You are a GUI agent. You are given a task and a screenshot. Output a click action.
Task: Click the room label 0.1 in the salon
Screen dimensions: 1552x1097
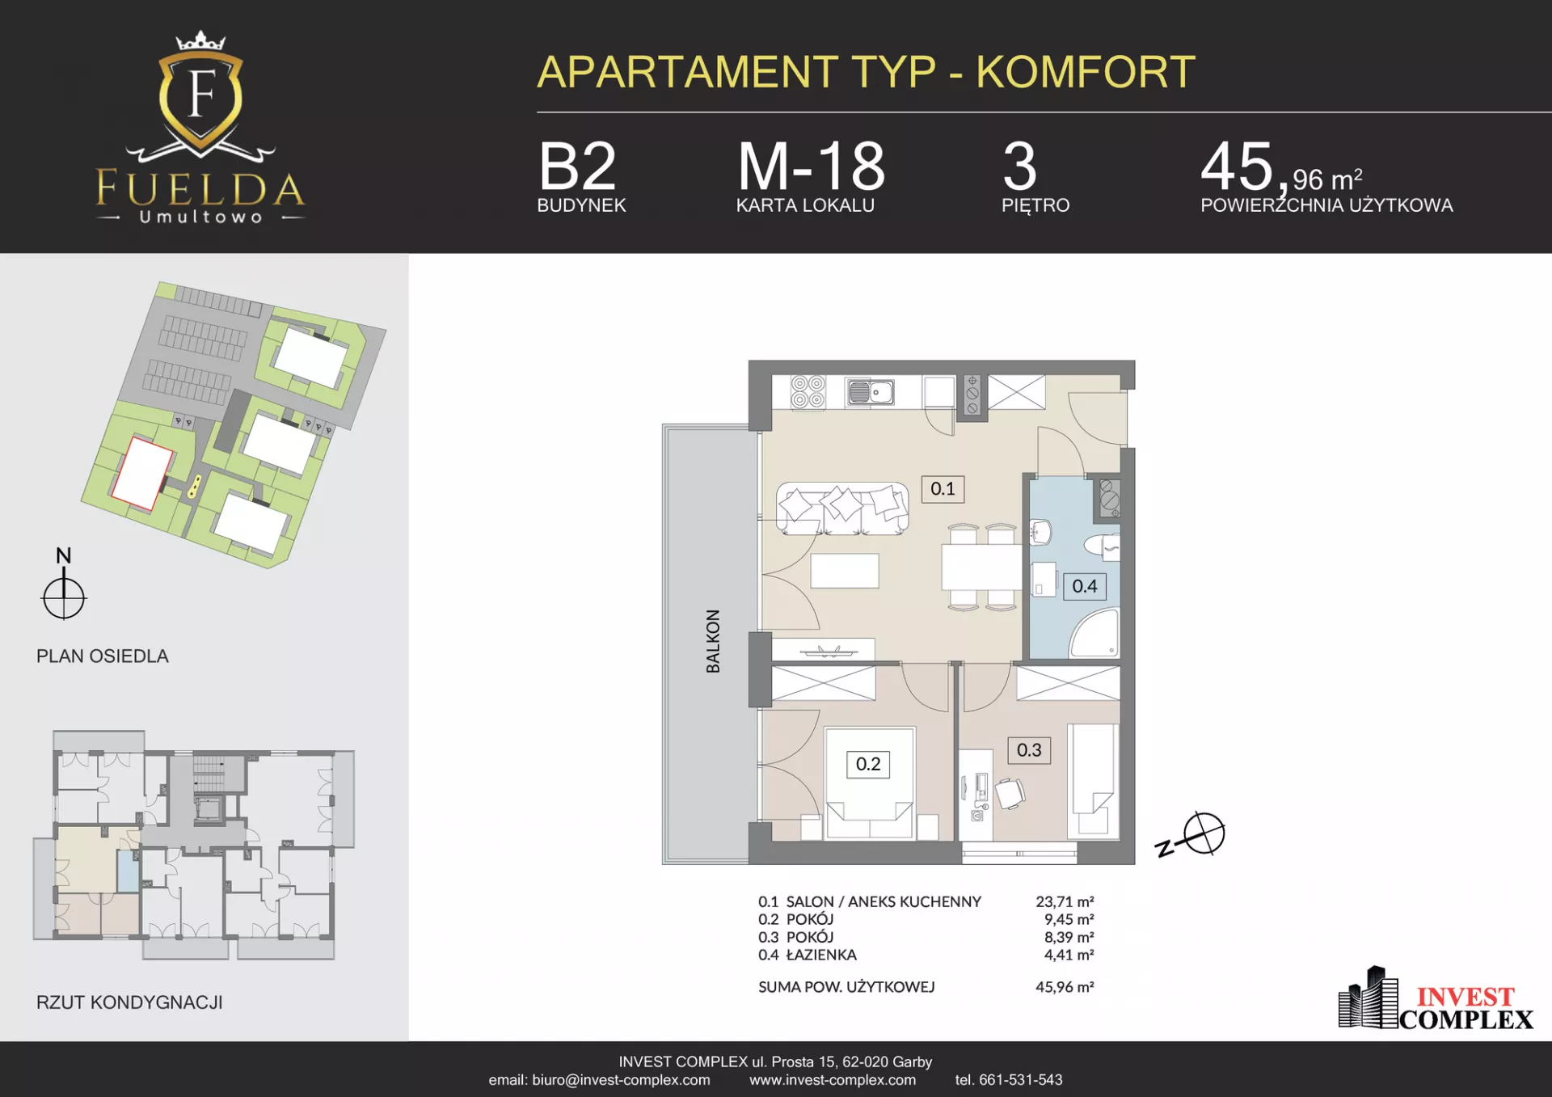point(943,489)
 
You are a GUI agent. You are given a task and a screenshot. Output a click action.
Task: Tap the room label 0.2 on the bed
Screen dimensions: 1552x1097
point(868,764)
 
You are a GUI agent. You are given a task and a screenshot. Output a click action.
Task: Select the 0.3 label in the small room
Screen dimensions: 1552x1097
point(1029,750)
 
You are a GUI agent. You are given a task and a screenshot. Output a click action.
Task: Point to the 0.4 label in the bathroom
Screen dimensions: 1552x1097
point(1085,586)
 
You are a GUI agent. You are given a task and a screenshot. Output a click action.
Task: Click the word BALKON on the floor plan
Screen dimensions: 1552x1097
point(713,641)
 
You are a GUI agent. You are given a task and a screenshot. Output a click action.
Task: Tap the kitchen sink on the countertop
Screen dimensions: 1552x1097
point(870,393)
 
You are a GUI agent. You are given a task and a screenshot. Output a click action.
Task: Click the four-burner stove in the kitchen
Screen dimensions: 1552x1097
point(808,392)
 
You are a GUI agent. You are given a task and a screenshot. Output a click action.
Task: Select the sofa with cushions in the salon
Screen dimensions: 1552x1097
point(842,508)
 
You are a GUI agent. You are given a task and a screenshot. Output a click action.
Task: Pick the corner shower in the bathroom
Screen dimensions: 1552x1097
point(1095,635)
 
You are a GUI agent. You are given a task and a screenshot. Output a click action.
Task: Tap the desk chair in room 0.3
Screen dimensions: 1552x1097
point(1010,794)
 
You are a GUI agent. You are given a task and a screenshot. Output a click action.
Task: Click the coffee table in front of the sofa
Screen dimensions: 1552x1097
point(845,571)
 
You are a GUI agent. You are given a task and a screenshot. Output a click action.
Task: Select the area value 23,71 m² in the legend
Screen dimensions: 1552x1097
point(1065,901)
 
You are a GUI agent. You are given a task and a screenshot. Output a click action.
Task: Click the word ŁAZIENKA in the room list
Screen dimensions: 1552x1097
point(821,955)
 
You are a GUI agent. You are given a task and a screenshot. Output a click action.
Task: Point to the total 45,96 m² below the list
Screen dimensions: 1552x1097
point(1065,987)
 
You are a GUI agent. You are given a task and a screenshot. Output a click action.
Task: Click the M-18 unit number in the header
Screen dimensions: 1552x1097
point(812,166)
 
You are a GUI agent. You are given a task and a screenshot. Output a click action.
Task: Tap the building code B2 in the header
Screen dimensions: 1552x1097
point(577,166)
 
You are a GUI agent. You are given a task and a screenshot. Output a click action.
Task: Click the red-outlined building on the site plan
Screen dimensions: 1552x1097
point(142,475)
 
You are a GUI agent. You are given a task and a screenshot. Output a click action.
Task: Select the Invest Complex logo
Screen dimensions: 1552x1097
point(1436,999)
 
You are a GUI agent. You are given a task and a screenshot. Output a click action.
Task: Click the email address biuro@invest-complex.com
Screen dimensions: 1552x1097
point(621,1080)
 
